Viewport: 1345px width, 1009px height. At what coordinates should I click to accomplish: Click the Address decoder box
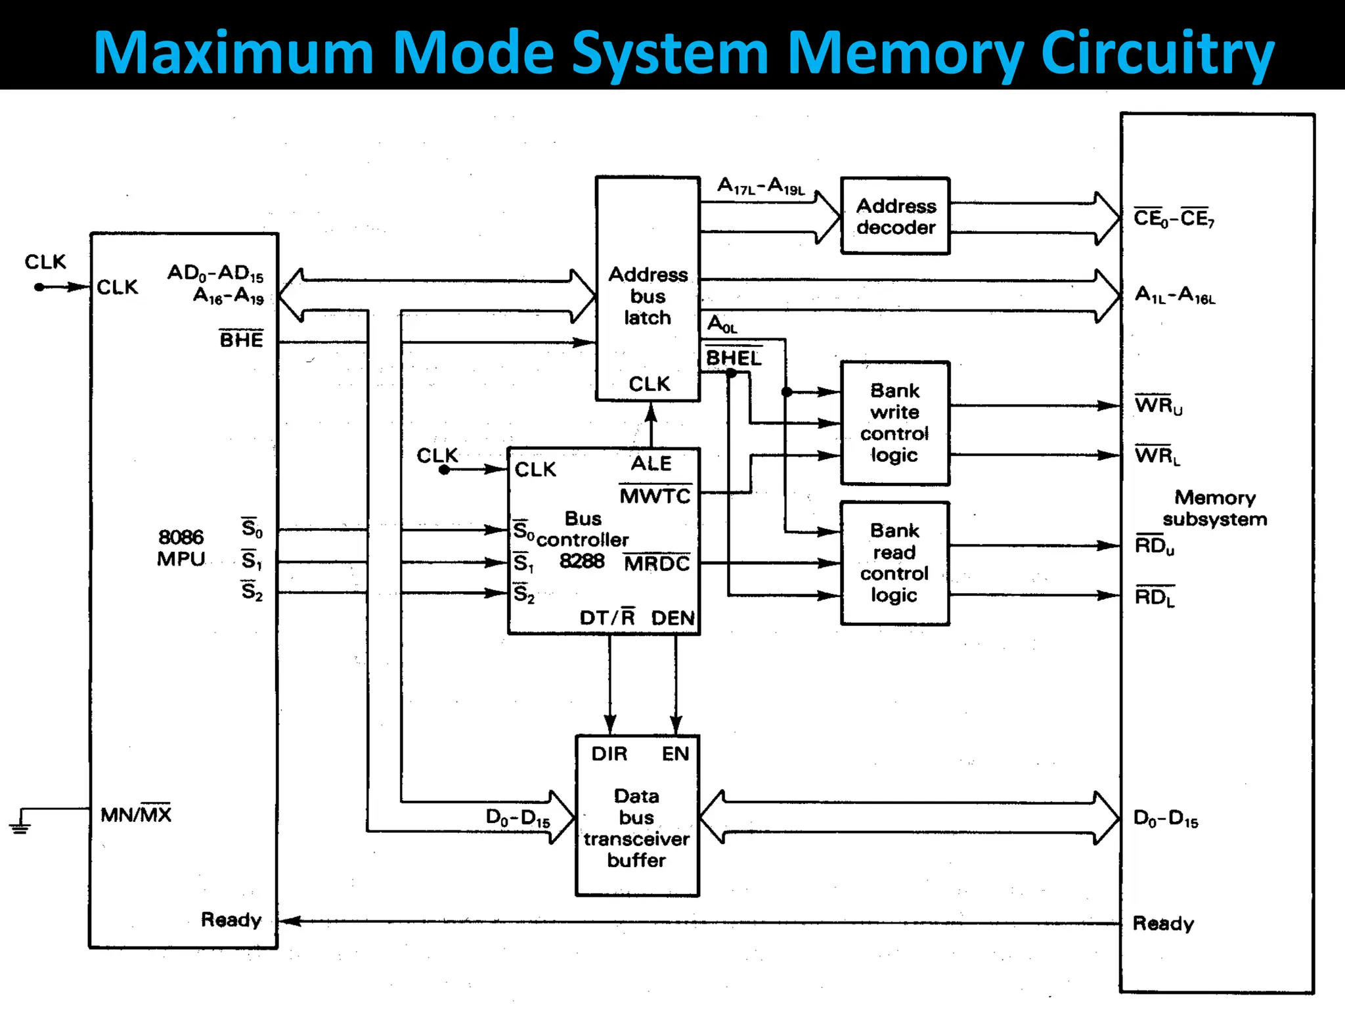895,216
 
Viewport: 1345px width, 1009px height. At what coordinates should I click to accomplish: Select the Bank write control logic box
895,423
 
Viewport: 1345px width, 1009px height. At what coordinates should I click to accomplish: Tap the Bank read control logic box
895,563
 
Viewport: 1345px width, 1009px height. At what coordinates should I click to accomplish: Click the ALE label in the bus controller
651,464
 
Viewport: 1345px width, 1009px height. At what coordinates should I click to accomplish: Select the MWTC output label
655,496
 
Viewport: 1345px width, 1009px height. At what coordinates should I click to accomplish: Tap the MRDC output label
657,564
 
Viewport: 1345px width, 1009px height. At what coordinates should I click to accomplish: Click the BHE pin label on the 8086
241,340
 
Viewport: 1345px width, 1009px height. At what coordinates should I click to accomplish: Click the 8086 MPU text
181,548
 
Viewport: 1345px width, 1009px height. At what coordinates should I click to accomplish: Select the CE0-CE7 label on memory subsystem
1174,218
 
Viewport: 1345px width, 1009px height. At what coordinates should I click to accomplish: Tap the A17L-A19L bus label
761,187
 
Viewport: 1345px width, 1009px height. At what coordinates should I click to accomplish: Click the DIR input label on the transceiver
609,753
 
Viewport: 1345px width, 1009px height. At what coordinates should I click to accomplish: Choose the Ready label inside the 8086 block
231,919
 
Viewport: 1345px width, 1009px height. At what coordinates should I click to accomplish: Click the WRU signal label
1158,405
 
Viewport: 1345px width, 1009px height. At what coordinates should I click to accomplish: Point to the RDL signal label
1155,597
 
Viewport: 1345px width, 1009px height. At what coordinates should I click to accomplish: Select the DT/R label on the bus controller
607,617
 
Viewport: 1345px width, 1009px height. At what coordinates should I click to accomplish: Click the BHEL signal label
734,358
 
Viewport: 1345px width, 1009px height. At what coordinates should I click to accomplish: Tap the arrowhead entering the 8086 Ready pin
290,921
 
